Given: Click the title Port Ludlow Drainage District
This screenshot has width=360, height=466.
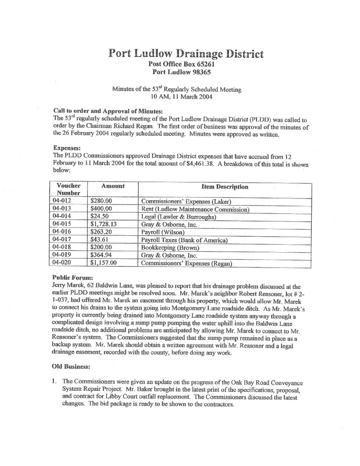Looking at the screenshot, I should (186, 54).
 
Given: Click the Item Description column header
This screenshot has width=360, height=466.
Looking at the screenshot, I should (225, 187).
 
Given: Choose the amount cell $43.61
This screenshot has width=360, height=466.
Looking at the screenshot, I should (100, 240).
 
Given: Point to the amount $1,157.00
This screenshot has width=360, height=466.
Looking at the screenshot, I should (104, 263).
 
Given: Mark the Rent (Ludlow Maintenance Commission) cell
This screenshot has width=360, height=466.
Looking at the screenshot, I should (195, 210).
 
